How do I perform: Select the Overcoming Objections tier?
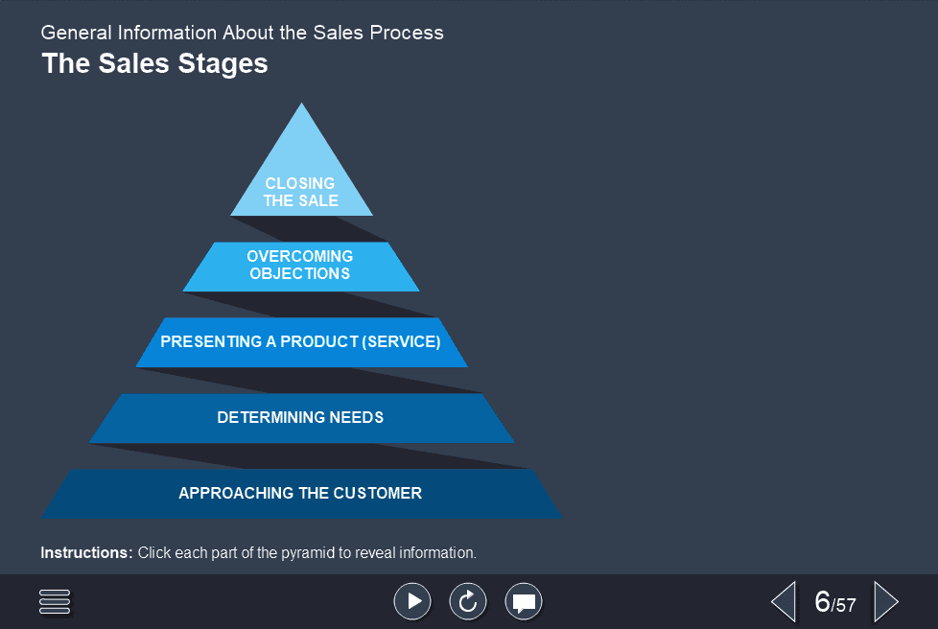[x=300, y=266]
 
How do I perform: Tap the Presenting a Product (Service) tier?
[x=300, y=342]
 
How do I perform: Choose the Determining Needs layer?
[x=300, y=418]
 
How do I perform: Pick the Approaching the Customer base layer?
[x=300, y=494]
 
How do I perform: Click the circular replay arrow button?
[x=468, y=601]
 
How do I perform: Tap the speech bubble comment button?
[x=524, y=601]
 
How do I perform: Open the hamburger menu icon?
[x=56, y=602]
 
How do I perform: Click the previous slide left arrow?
[x=784, y=602]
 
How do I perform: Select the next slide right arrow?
[x=886, y=602]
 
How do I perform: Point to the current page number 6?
[x=822, y=602]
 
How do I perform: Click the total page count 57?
[x=845, y=605]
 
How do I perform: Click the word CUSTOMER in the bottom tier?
[x=377, y=494]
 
